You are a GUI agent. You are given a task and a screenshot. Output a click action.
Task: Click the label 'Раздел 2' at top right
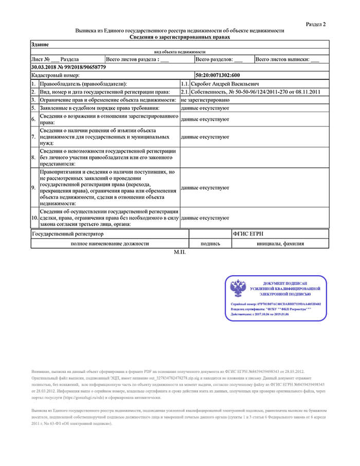(316, 24)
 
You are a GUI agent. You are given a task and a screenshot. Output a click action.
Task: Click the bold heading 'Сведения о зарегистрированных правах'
(179, 37)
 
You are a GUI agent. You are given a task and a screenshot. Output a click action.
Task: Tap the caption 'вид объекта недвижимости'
(179, 52)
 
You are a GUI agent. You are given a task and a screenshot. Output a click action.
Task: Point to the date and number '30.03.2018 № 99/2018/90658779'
(68, 67)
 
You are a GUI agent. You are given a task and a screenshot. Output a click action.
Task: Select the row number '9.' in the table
(34, 188)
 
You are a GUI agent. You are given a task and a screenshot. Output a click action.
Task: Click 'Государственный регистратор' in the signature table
(67, 234)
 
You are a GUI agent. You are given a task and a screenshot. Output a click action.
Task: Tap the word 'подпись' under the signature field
(210, 243)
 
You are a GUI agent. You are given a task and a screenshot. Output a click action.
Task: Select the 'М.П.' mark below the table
(179, 253)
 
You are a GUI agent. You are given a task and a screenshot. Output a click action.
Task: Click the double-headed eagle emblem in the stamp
(238, 289)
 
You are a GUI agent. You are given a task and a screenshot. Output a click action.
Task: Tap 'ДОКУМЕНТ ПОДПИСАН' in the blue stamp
(284, 284)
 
